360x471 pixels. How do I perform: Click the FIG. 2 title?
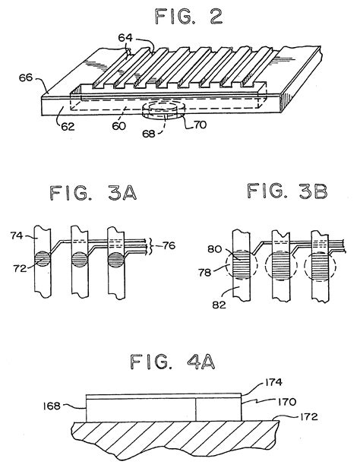[x=188, y=16]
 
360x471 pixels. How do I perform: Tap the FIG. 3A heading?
[x=93, y=193]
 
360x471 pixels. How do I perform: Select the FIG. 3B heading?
[x=287, y=191]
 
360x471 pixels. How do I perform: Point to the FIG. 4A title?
[x=172, y=362]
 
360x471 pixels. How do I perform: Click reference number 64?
[x=125, y=38]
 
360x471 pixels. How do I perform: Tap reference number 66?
[x=26, y=77]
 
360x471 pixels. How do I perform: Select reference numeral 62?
[x=68, y=126]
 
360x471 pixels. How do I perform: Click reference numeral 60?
[x=118, y=126]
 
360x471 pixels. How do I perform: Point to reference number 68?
[x=149, y=134]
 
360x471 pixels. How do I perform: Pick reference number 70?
[x=199, y=125]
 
